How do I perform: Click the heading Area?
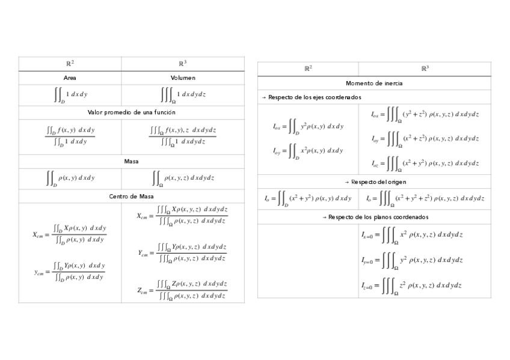[x=70, y=78]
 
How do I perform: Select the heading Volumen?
[x=183, y=78]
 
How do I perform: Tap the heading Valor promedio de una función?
[x=131, y=112]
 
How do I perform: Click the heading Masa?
[x=131, y=161]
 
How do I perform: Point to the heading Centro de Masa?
[x=131, y=196]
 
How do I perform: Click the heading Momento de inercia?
[x=374, y=83]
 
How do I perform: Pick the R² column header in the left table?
[x=70, y=63]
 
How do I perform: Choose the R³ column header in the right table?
[x=425, y=69]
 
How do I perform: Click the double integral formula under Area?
[x=70, y=94]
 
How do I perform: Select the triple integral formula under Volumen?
[x=183, y=94]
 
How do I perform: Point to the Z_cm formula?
[x=182, y=289]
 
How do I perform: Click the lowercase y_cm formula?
[x=70, y=271]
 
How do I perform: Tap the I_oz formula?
[x=424, y=163]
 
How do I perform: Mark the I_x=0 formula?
[x=412, y=235]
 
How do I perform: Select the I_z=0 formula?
[x=412, y=286]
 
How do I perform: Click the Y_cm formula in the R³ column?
[x=182, y=253]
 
